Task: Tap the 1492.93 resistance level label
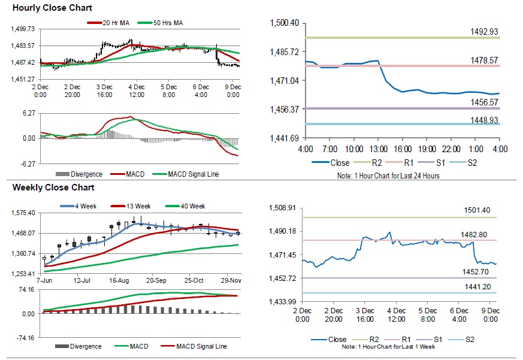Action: click(x=485, y=32)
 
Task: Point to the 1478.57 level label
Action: click(x=485, y=60)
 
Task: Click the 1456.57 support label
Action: click(x=485, y=102)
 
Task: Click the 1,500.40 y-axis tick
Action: click(x=286, y=23)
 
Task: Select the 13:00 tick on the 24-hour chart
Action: click(x=378, y=148)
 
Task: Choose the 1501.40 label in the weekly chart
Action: click(x=477, y=210)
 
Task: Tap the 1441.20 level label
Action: click(x=477, y=286)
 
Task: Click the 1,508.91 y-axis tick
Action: click(x=284, y=208)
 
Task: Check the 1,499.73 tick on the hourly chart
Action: click(x=23, y=29)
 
